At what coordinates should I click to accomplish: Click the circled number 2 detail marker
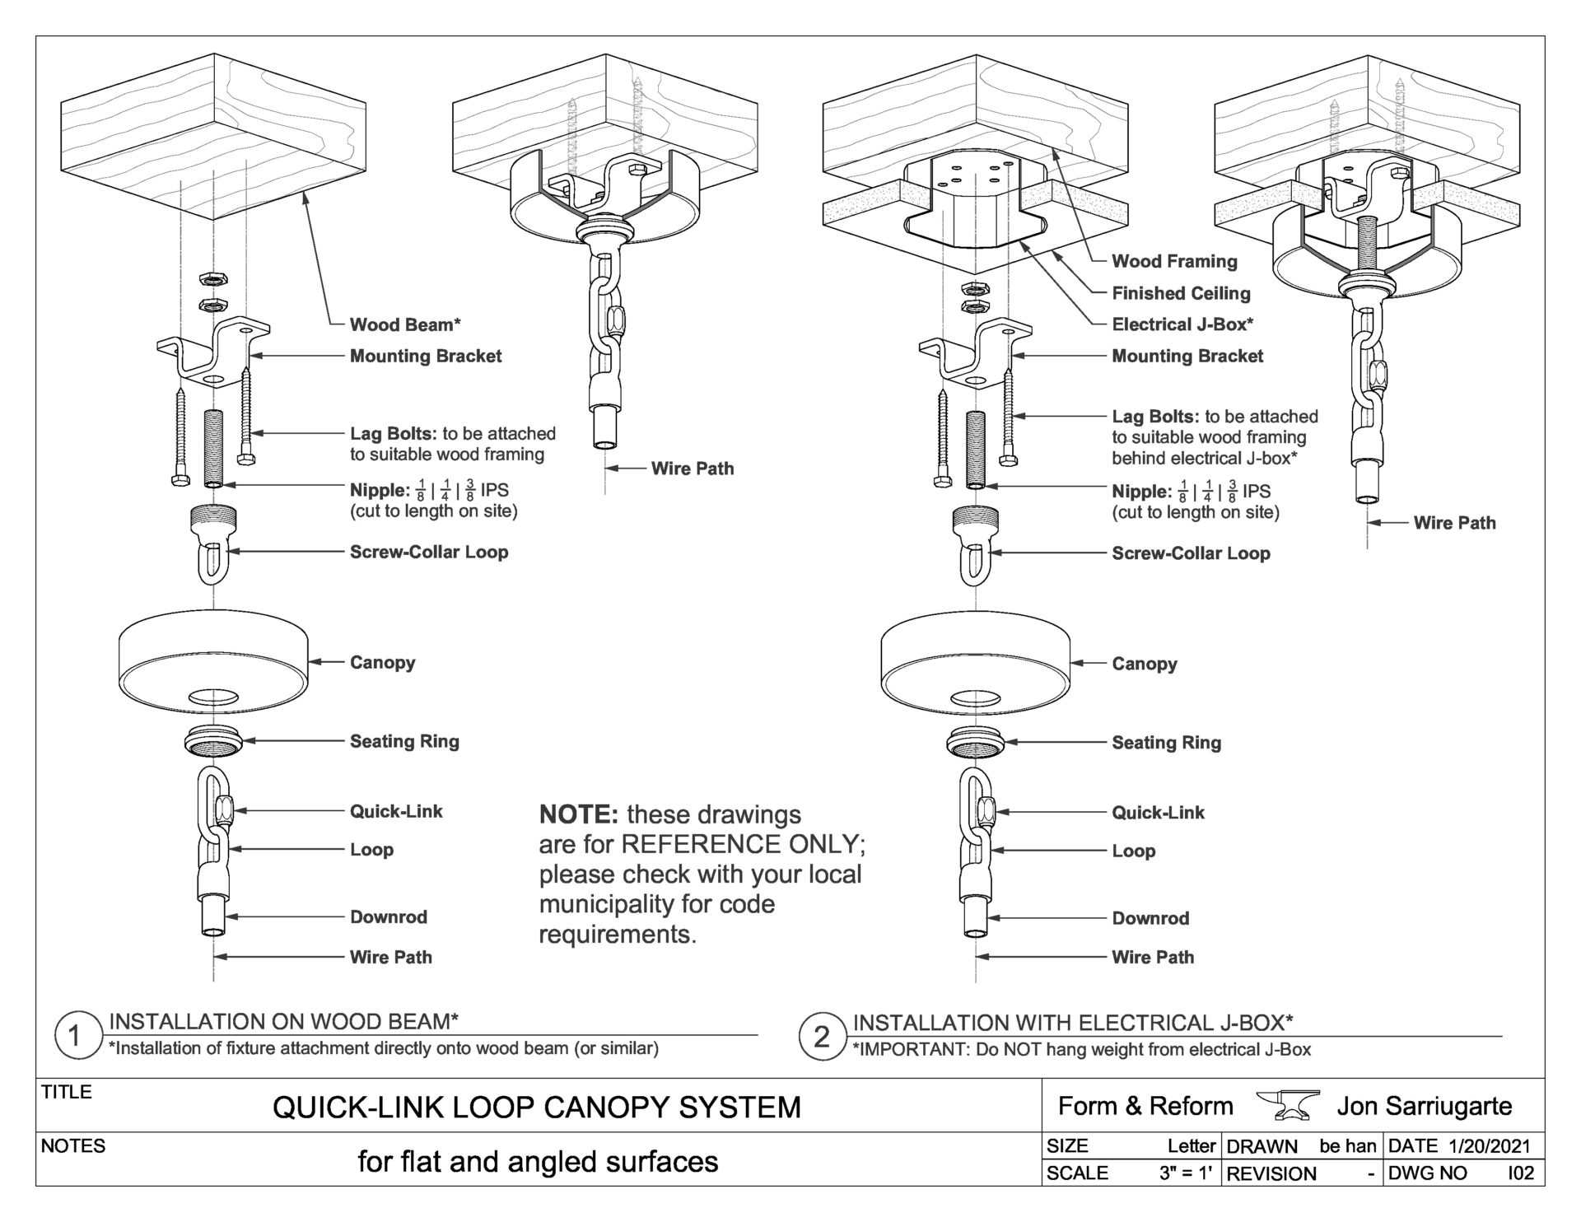[x=821, y=1037]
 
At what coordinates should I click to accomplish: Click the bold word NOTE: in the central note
[x=578, y=815]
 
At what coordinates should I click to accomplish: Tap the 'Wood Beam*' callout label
[x=405, y=324]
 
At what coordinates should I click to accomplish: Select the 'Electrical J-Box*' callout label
[x=1182, y=324]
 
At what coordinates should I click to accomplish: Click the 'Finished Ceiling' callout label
[x=1181, y=293]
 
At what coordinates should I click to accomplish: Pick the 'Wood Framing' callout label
[x=1174, y=262]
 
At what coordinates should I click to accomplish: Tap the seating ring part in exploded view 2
[x=976, y=741]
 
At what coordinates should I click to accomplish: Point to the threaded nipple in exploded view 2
[x=976, y=449]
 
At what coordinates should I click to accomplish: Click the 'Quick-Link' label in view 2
[x=1158, y=813]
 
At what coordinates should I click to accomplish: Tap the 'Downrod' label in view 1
[x=389, y=916]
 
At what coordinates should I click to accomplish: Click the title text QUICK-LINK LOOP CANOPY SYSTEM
[x=537, y=1108]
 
